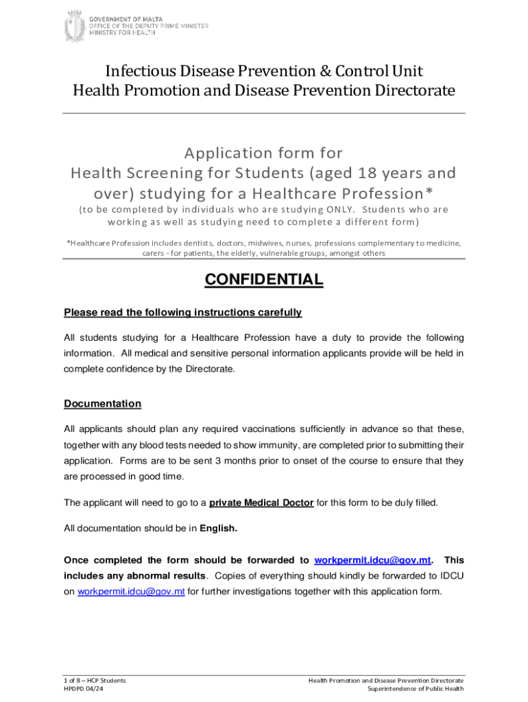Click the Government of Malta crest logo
(73, 26)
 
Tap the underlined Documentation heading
(102, 404)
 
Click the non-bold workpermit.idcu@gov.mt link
(131, 592)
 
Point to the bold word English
(218, 528)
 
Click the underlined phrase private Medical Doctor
(261, 503)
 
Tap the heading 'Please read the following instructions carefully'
(182, 313)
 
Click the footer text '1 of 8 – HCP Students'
(95, 680)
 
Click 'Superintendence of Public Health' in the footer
(416, 689)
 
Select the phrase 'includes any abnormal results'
(134, 575)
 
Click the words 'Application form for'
(264, 152)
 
